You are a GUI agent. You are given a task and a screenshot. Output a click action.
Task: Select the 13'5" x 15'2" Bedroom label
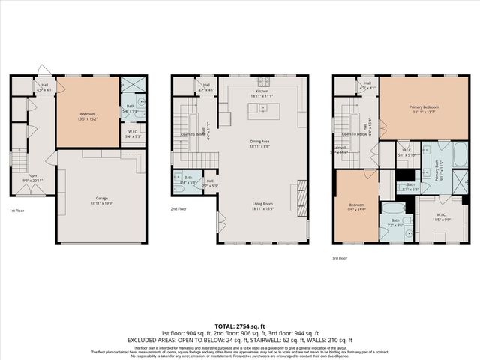pos(87,115)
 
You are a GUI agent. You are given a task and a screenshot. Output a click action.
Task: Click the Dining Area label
pos(261,144)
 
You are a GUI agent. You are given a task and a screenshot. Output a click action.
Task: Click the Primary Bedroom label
pos(424,109)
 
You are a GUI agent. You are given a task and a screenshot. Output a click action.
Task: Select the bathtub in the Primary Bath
pos(460,155)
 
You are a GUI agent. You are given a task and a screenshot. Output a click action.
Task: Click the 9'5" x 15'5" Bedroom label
pos(356,208)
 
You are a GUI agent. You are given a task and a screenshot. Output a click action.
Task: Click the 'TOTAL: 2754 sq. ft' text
pos(240,325)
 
